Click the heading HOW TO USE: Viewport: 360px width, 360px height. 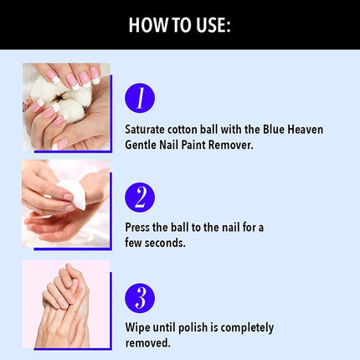(x=180, y=25)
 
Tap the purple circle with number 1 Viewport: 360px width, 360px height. (x=139, y=98)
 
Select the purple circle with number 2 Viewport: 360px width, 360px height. (x=139, y=198)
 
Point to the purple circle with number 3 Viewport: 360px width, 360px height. (x=139, y=298)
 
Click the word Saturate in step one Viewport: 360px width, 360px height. (x=148, y=130)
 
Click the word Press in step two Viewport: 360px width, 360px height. (x=139, y=228)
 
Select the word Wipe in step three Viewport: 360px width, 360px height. (x=138, y=327)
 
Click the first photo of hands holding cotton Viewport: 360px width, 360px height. (x=65, y=107)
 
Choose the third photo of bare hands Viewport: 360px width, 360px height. (x=65, y=303)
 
